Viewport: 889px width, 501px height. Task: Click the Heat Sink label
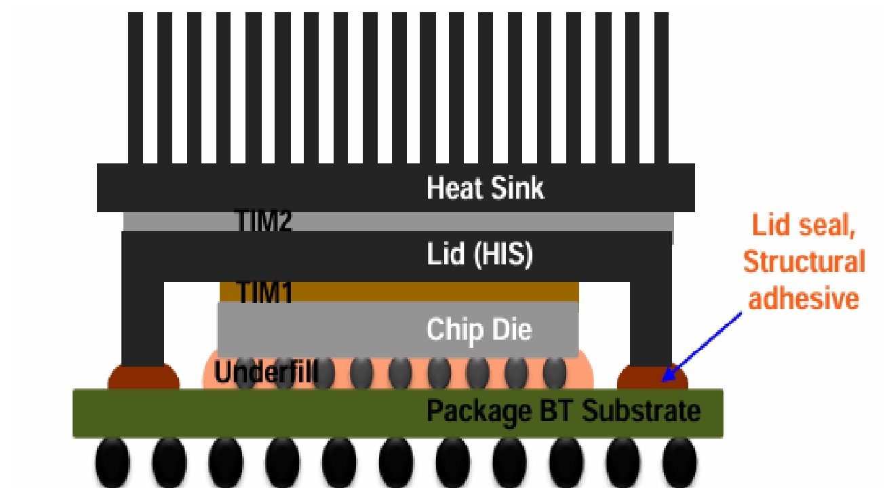click(485, 188)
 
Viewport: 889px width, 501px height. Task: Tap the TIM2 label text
click(263, 222)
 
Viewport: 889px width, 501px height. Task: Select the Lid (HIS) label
click(479, 255)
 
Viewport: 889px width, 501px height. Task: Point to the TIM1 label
click(264, 292)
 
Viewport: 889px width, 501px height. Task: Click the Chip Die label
click(479, 330)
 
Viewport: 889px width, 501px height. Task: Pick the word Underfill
click(266, 372)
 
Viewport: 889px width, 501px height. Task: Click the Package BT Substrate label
click(563, 410)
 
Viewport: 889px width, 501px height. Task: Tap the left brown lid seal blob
click(144, 377)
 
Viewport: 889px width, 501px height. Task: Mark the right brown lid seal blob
click(652, 377)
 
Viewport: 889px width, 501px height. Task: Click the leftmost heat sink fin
click(136, 88)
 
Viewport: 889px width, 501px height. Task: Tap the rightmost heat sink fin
click(661, 88)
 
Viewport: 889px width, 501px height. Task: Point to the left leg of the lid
click(143, 319)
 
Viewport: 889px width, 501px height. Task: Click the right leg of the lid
click(651, 319)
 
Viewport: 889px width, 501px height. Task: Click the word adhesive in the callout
click(804, 298)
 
